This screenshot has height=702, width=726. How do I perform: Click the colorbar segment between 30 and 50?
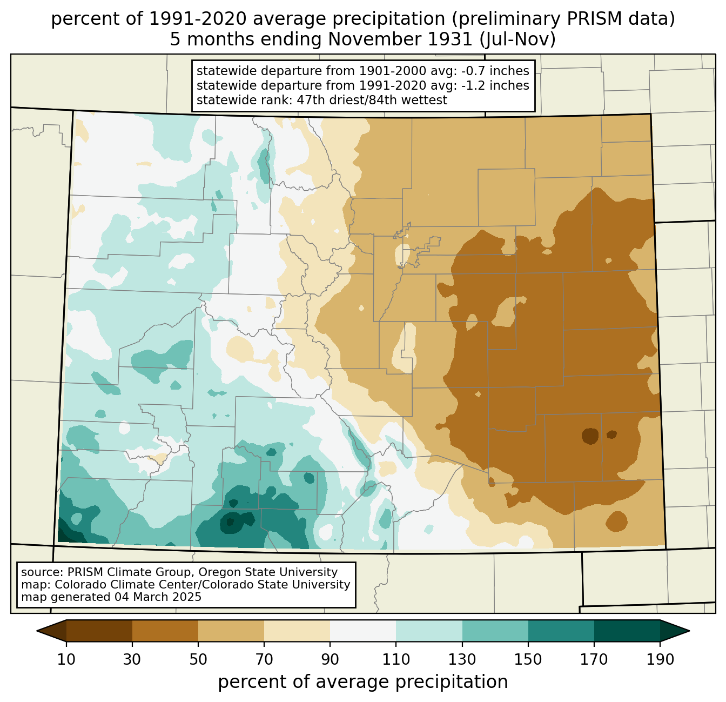(165, 631)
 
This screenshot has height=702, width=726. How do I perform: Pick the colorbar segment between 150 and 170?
(561, 631)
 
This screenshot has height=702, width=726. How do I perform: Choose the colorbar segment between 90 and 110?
(363, 631)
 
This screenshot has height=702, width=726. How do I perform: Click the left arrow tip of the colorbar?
(37, 631)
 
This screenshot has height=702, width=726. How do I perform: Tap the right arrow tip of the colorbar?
(689, 631)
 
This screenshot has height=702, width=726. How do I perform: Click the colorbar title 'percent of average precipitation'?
(362, 682)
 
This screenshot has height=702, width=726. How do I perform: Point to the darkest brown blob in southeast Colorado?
(590, 436)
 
